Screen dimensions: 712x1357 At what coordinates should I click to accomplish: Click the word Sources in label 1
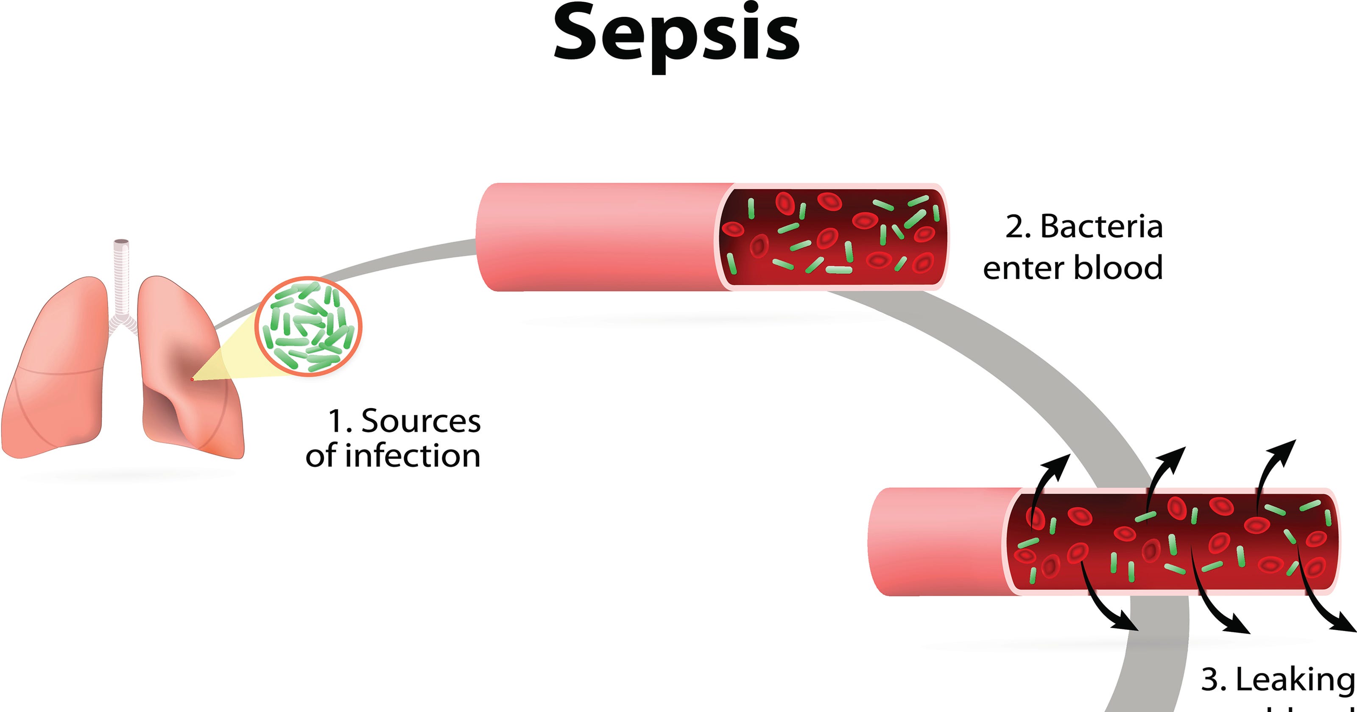pyautogui.click(x=420, y=421)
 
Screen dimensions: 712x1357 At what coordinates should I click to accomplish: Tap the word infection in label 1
pyautogui.click(x=413, y=456)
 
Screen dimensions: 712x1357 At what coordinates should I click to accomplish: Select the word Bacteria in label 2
pyautogui.click(x=1101, y=227)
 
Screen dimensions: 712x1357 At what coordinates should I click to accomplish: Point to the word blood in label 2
pyautogui.click(x=1118, y=268)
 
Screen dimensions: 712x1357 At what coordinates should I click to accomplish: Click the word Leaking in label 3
pyautogui.click(x=1295, y=679)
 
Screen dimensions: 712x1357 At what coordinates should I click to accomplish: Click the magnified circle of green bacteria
pyautogui.click(x=309, y=326)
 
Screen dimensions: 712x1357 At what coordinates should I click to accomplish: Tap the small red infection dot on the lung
pyautogui.click(x=192, y=379)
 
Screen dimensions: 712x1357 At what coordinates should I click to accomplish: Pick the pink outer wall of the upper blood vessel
pyautogui.click(x=595, y=237)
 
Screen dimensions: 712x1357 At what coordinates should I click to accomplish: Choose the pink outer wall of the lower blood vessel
pyautogui.click(x=938, y=542)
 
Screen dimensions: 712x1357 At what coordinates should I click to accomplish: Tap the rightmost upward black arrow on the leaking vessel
pyautogui.click(x=1275, y=463)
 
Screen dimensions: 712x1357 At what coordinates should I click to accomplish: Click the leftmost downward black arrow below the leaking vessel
pyautogui.click(x=1106, y=606)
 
